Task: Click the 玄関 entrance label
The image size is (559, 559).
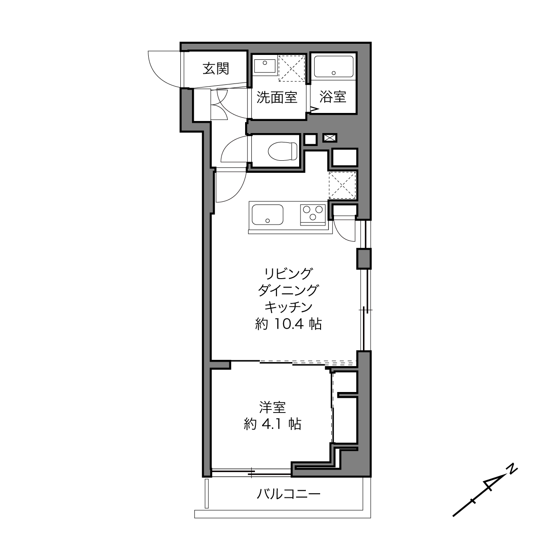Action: (216, 69)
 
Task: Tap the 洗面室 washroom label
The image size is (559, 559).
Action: (277, 97)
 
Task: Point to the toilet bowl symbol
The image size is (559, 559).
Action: (283, 151)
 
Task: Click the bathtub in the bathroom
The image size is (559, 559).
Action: (334, 67)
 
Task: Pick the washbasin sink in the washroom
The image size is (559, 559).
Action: (265, 66)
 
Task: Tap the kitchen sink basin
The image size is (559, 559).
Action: (267, 215)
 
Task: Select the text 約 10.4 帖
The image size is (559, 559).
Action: (288, 324)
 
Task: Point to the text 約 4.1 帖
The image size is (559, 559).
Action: (272, 424)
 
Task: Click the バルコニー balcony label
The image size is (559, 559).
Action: (288, 493)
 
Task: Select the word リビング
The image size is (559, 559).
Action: (288, 273)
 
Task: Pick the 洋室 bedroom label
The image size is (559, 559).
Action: (272, 408)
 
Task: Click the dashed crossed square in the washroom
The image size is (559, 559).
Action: (292, 68)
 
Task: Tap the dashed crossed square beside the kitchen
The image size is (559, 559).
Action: (342, 185)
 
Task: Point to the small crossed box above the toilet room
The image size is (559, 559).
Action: (330, 138)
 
